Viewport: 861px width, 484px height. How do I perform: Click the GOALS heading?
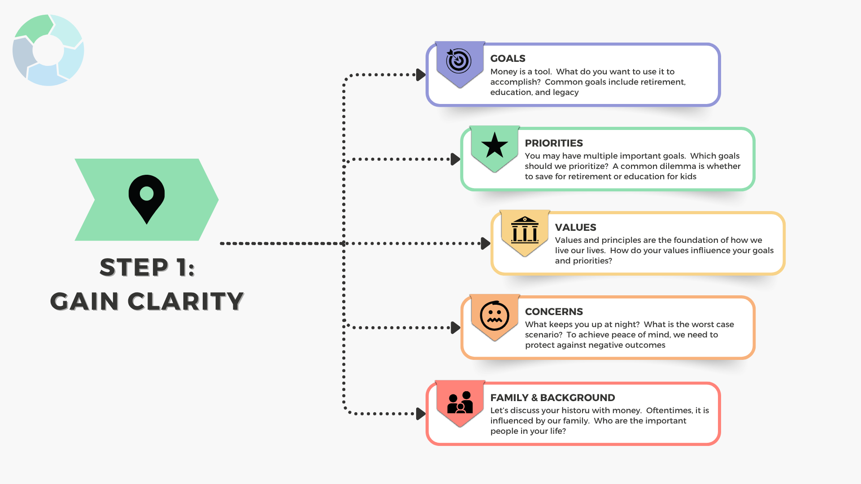pos(508,59)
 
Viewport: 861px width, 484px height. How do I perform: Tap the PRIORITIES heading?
pos(554,143)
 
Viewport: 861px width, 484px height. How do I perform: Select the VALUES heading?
pos(575,227)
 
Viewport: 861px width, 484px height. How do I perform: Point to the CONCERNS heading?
pos(554,311)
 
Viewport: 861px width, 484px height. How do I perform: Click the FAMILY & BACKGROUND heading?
pos(552,398)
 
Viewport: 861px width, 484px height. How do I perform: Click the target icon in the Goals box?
pos(459,60)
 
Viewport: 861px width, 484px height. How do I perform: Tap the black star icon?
pos(495,145)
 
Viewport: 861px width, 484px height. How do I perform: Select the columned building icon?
pos(525,229)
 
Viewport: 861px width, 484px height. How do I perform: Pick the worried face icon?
pos(495,315)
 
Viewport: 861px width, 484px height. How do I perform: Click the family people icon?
pos(460,402)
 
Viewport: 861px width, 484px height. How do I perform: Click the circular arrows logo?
pos(48,50)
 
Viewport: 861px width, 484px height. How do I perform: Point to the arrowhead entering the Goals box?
pos(421,75)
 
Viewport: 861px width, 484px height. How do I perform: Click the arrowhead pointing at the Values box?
pos(485,243)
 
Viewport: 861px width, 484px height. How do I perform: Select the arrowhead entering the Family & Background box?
pos(421,414)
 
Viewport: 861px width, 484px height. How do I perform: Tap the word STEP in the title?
pos(134,268)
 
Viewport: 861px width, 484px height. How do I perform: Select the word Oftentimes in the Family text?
pos(669,411)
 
